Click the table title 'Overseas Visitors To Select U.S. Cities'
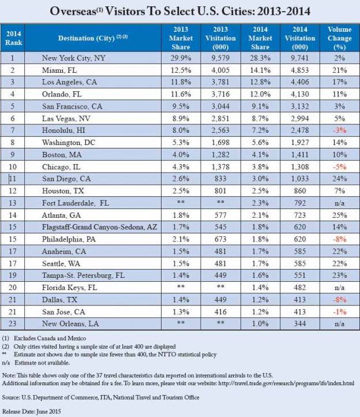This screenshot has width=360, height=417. click(180, 11)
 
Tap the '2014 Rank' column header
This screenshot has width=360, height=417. click(14, 38)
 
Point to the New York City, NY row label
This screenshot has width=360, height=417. click(74, 58)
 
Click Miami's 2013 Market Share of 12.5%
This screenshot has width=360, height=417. click(180, 70)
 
